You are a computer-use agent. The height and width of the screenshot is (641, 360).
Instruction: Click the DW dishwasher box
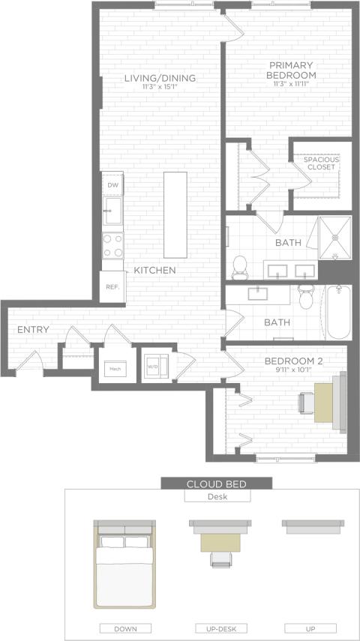point(112,184)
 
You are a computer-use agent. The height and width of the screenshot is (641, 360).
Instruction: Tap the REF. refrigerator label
point(112,287)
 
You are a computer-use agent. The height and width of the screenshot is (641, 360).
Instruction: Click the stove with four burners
point(113,245)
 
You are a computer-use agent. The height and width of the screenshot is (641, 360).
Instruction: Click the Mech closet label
point(115,368)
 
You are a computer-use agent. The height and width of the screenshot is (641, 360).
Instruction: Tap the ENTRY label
point(34,330)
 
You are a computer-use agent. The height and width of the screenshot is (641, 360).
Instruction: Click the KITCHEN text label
point(155,270)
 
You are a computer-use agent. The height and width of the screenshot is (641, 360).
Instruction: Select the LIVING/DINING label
point(160,78)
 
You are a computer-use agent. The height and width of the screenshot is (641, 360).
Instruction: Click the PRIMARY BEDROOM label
point(292,70)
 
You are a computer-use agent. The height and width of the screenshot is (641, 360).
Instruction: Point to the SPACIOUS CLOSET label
point(321,163)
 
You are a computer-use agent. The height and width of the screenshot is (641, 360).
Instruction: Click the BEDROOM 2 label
point(293,361)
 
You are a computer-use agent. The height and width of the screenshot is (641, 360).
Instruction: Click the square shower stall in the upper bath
point(334,237)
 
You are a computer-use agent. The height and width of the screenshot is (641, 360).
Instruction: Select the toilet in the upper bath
point(241,265)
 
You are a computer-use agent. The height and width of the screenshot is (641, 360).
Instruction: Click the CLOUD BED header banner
point(217,484)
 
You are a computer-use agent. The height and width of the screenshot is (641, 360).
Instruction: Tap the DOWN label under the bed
point(124,628)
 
